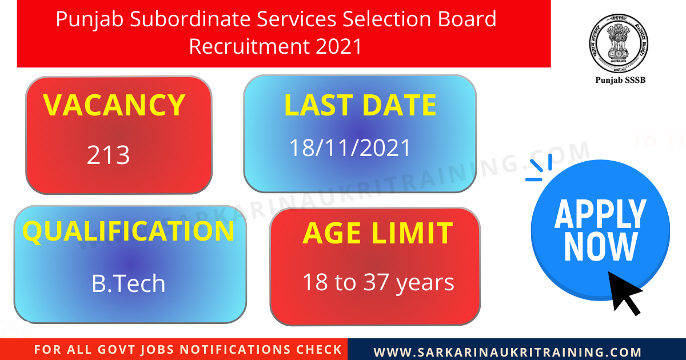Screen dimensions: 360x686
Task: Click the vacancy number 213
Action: tap(109, 155)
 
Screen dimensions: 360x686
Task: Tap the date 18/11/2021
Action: tap(349, 148)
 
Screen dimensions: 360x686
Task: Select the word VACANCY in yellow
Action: tap(114, 105)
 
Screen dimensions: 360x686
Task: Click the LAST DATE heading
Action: tap(360, 106)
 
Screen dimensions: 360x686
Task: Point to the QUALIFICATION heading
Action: tap(128, 231)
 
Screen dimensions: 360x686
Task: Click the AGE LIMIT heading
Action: tap(377, 233)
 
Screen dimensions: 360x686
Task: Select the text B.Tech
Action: tap(128, 283)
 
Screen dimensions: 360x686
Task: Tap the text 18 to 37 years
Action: tap(378, 282)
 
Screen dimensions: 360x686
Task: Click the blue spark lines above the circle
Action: tap(539, 168)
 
